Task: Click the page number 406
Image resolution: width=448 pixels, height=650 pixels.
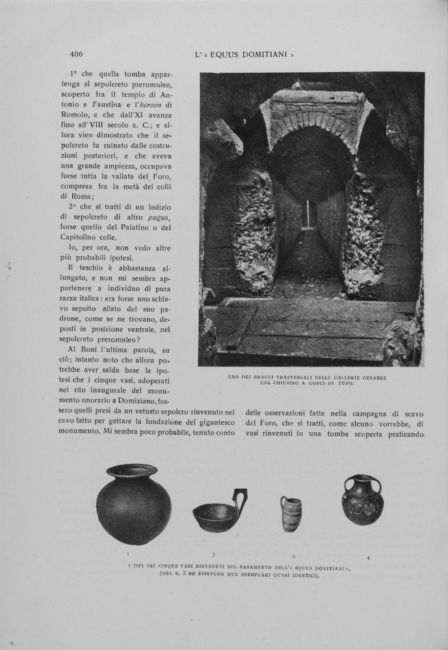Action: click(76, 54)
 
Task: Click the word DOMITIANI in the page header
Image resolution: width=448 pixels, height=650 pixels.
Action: click(261, 55)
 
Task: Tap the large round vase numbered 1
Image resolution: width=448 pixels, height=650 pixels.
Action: click(133, 505)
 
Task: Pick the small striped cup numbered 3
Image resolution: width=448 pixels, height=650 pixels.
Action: click(291, 513)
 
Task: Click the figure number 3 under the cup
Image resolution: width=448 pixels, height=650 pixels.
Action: click(293, 556)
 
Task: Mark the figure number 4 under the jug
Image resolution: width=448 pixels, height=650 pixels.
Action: click(368, 558)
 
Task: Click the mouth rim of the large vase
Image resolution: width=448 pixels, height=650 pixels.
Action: click(132, 469)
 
